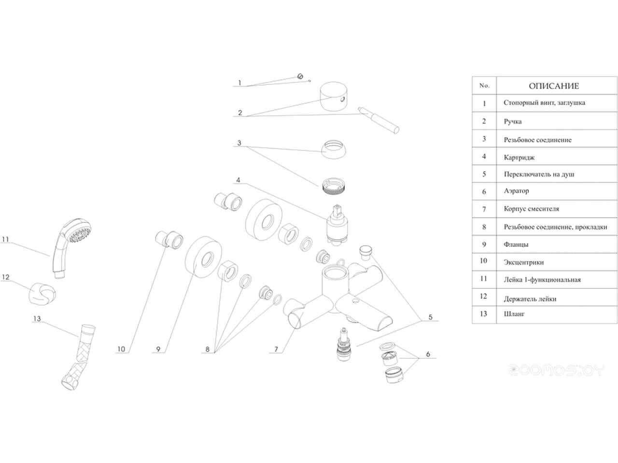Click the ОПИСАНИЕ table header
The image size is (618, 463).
coord(553,86)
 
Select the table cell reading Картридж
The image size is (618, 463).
coord(519,157)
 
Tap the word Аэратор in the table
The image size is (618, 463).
coord(516,191)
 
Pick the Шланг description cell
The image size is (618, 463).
coord(514,314)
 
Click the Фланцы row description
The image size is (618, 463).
coord(516,245)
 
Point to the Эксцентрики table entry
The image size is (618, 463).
coord(523,262)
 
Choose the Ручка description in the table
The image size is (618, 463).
coord(512,122)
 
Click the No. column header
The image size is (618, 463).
coord(484,86)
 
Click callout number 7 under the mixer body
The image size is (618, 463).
coord(276,349)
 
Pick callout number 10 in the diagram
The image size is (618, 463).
coord(121,349)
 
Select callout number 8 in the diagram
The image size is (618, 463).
coord(208,349)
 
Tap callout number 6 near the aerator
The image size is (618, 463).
coord(428,354)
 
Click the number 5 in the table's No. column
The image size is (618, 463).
coord(484,174)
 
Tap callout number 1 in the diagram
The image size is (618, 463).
coord(239,83)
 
